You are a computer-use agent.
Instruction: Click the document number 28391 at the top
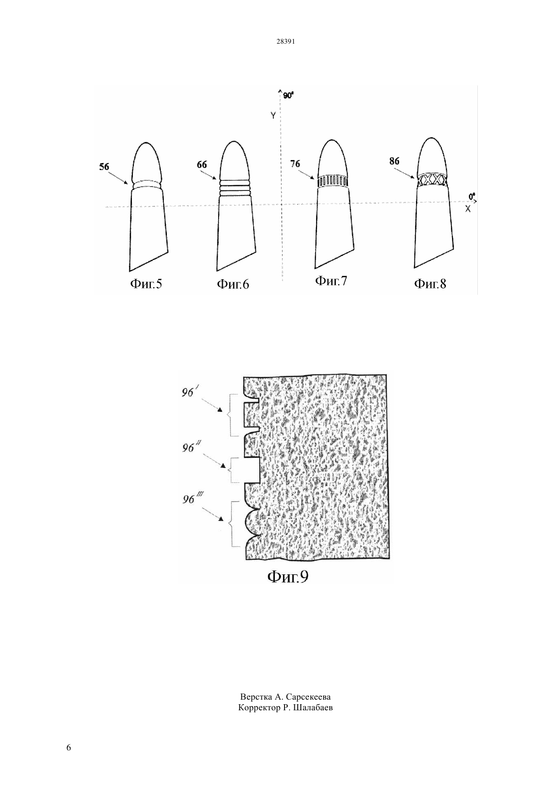pos(285,42)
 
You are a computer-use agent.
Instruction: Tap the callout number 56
pos(104,167)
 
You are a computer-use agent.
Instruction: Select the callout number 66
pos(202,164)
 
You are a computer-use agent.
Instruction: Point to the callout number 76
pos(295,164)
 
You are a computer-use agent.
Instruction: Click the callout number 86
pos(394,161)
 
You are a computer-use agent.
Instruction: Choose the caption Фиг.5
pos(146,284)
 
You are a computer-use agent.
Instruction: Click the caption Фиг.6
pos(233,284)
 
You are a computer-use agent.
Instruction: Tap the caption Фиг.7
pos(331,281)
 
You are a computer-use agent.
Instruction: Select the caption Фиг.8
pos(430,283)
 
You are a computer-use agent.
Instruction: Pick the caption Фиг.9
pos(288,577)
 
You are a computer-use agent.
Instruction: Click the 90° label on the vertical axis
pos(288,95)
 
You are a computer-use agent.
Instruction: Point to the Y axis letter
pos(273,115)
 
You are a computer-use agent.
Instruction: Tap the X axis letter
pos(468,209)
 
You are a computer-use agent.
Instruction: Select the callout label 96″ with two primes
pos(190,448)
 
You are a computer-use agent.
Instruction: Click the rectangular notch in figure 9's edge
pos(253,470)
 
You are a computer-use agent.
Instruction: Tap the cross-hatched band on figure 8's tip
pos(432,180)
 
